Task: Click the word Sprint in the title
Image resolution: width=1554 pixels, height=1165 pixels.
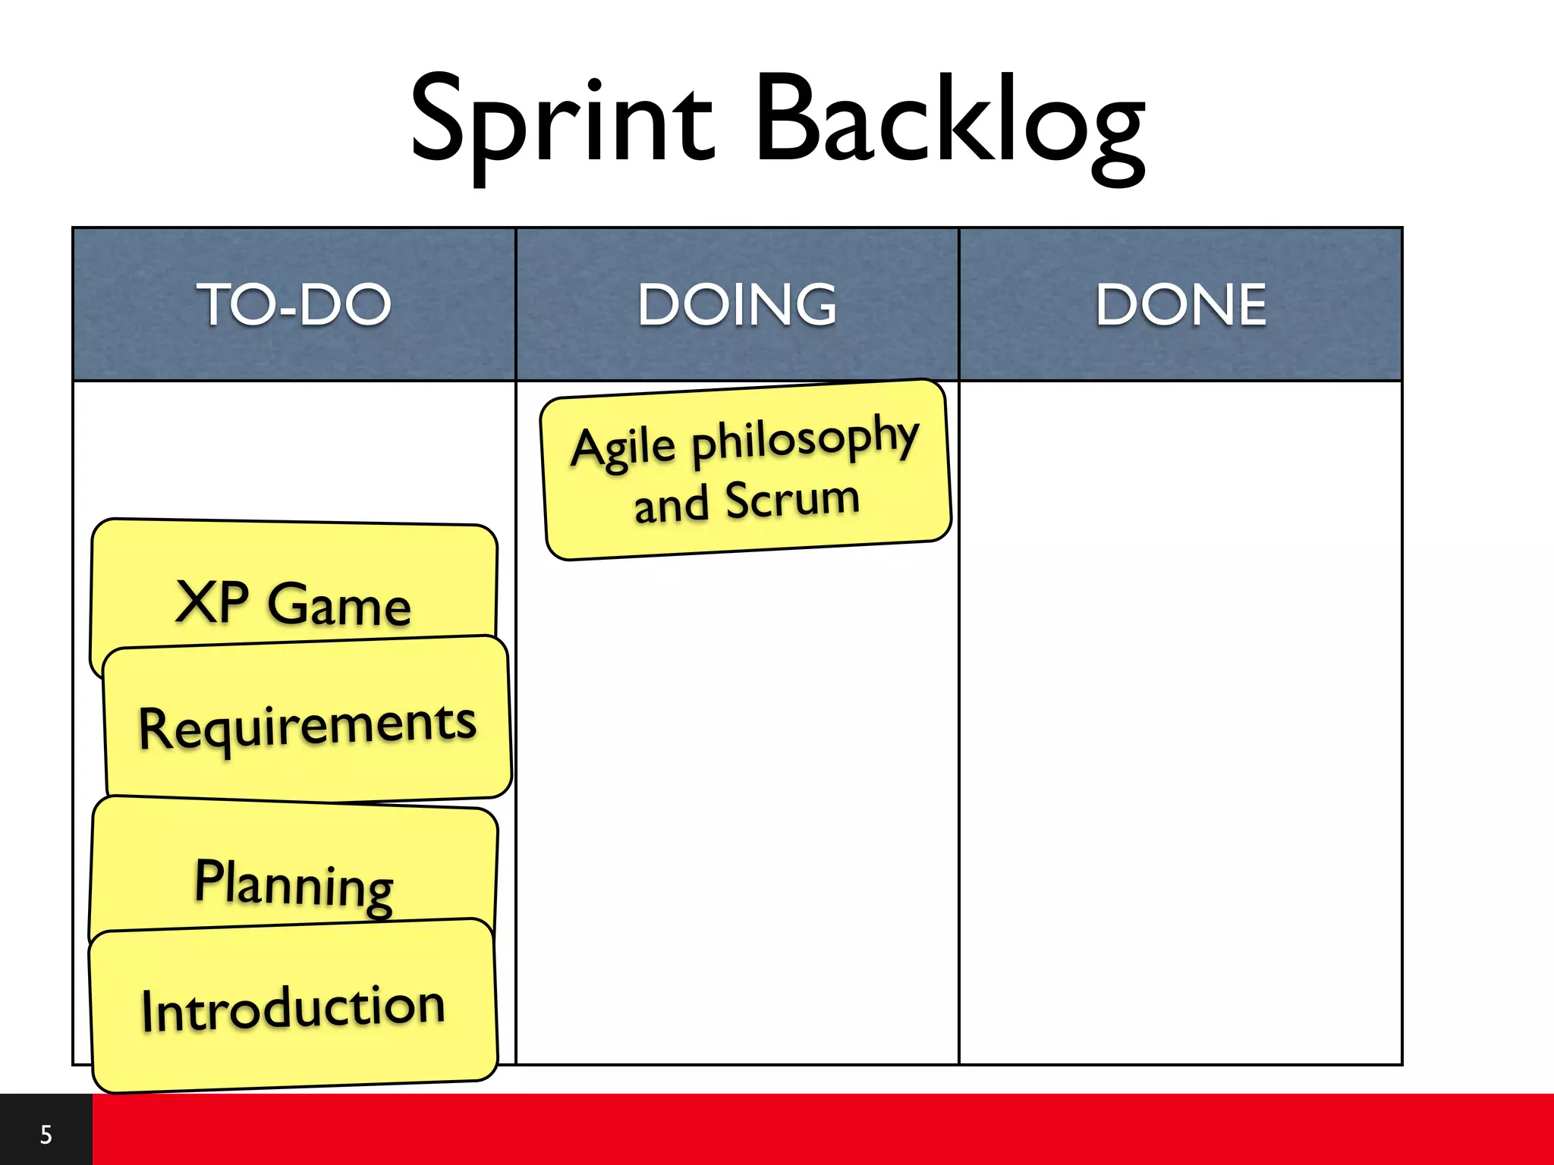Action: (562, 121)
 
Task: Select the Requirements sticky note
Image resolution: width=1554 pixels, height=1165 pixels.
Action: (307, 724)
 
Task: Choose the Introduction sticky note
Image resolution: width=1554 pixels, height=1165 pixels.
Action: (294, 1009)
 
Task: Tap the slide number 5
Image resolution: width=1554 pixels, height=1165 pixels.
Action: (46, 1135)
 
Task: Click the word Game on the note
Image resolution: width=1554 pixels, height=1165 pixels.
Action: (339, 605)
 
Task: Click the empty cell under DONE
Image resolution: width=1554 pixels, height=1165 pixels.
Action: (1181, 721)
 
